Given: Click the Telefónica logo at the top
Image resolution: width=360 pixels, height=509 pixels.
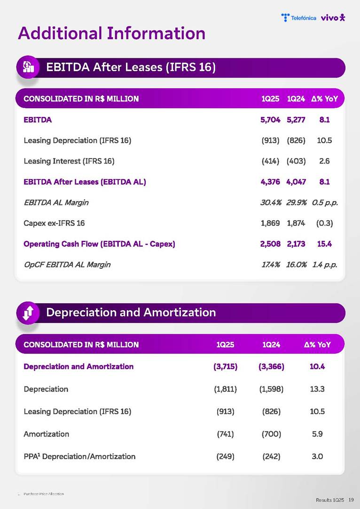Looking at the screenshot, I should [298, 18].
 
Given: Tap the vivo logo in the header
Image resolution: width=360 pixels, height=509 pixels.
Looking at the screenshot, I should [333, 18].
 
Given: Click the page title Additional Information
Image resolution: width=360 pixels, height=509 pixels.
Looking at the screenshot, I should [111, 33].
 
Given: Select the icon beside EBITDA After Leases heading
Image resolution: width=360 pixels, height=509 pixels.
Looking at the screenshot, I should [28, 67].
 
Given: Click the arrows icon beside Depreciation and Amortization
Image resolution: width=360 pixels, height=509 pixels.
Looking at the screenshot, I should [28, 313].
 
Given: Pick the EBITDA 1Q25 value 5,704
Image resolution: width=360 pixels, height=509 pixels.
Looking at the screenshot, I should [270, 120].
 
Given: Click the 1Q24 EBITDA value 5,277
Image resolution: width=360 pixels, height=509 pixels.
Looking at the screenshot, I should [296, 120].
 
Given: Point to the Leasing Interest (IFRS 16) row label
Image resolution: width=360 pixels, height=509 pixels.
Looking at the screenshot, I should [69, 161].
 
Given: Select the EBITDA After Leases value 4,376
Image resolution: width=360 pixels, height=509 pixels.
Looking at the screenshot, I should [270, 182].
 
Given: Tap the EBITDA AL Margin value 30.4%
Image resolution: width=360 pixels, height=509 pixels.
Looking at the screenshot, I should [271, 203].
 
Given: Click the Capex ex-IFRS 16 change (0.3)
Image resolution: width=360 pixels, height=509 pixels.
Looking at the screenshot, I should [324, 223].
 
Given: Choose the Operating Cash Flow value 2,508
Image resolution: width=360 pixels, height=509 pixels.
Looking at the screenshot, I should [270, 244].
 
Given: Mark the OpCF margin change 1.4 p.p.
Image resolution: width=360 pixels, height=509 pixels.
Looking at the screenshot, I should [325, 265].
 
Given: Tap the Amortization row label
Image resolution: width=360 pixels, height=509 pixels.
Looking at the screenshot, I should [47, 434].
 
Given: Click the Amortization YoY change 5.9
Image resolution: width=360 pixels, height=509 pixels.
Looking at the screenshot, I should [317, 434].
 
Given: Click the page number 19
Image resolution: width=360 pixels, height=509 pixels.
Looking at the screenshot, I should [351, 500].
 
